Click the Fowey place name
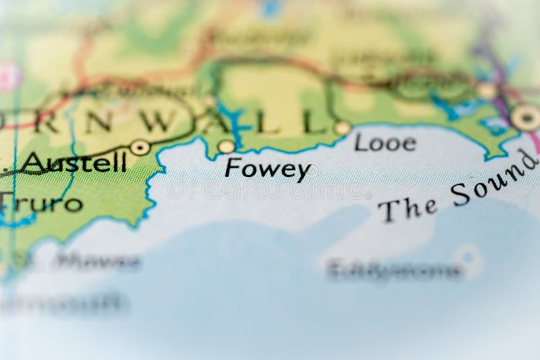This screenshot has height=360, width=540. (268, 169)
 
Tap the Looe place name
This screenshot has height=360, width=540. (385, 143)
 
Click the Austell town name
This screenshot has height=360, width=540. (75, 163)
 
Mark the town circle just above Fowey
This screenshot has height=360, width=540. (226, 147)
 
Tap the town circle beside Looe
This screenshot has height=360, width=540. (342, 128)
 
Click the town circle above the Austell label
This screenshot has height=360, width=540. (140, 147)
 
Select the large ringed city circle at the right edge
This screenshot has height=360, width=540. (525, 118)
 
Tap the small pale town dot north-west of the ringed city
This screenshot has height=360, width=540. (486, 91)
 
